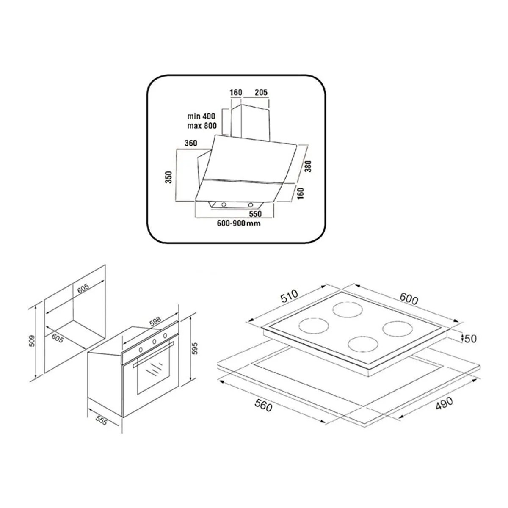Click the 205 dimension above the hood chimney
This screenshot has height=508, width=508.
261,92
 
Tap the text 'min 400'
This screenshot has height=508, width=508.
201,116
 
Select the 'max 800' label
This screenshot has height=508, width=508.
202,126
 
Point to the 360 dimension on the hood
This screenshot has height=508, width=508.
190,143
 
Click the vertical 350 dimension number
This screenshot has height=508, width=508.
169,177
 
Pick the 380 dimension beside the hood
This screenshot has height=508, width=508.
308,166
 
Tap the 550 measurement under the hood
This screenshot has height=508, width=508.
255,213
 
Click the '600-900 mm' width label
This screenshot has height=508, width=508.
239,223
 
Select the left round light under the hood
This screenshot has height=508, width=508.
224,204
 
